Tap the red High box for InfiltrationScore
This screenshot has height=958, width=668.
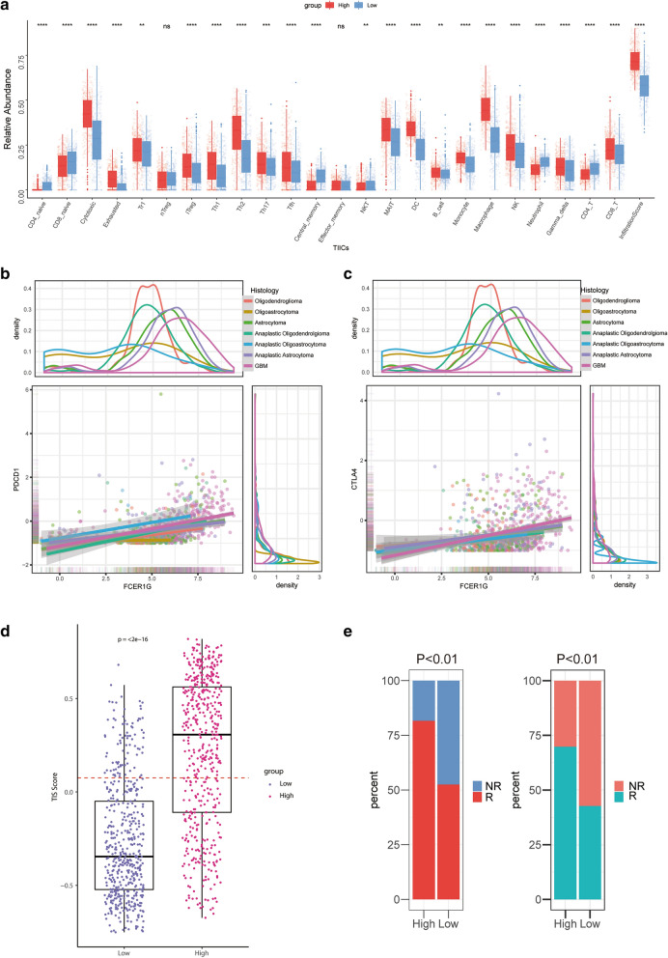(632, 61)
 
